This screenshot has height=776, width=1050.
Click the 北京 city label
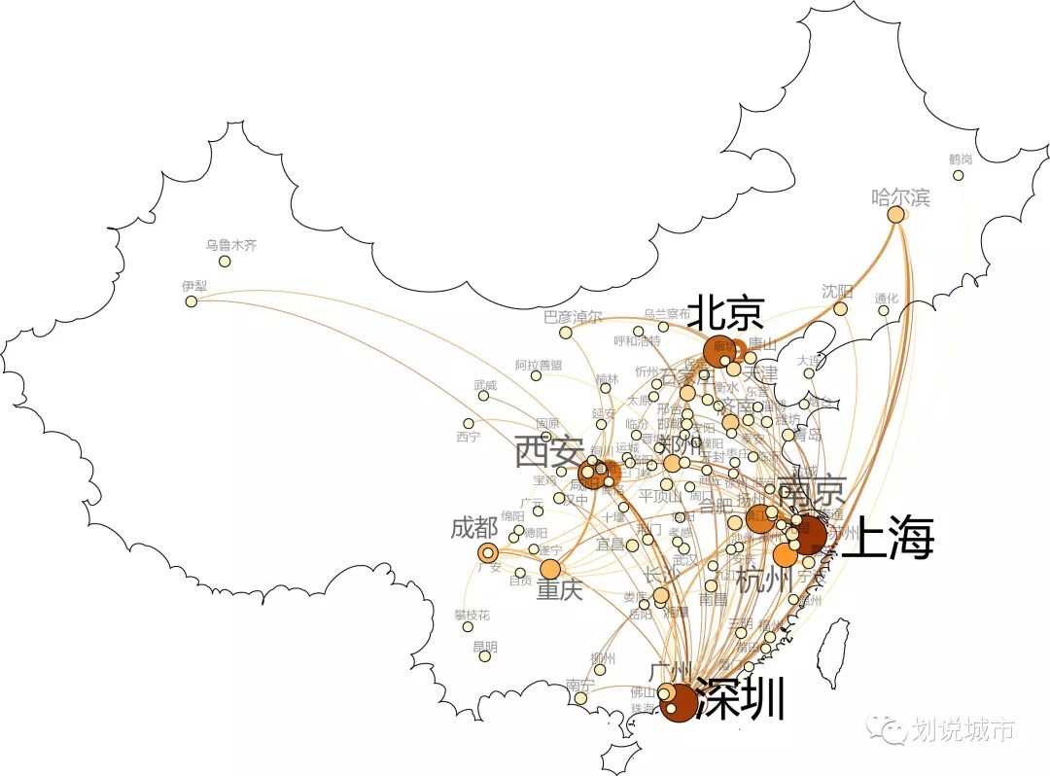tap(726, 314)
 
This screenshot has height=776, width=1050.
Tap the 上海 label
tap(887, 538)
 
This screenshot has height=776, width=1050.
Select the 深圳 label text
tap(741, 699)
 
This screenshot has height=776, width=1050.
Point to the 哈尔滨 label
tap(900, 197)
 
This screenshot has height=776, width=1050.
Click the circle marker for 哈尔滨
tap(895, 214)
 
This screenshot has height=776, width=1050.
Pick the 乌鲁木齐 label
tap(231, 245)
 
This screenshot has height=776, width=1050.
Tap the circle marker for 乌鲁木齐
tap(225, 261)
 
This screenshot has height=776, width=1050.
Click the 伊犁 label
tap(194, 286)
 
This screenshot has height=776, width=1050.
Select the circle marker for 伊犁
tap(192, 301)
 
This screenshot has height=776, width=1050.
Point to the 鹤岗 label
tap(961, 159)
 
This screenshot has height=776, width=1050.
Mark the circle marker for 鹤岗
tap(959, 175)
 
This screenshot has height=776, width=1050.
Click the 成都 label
tap(473, 529)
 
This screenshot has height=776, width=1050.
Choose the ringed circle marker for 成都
tap(488, 553)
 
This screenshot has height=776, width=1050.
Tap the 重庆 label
tap(560, 589)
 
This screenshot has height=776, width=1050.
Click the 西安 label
tap(549, 452)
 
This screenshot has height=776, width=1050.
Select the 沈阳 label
tap(836, 292)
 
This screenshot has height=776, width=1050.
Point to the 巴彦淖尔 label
tap(573, 317)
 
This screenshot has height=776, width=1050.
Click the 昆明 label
tap(484, 646)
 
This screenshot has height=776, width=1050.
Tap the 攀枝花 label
tap(472, 615)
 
